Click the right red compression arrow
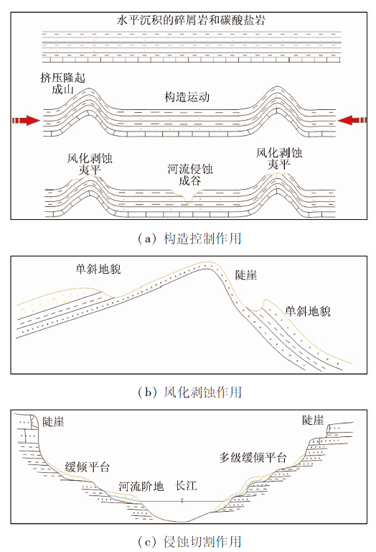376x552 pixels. point(352,120)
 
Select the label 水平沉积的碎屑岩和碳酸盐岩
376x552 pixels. point(191,20)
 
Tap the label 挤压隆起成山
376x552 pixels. point(63,83)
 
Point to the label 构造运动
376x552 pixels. point(187,97)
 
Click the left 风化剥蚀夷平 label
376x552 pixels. point(90,164)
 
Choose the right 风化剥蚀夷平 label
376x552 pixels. point(279,158)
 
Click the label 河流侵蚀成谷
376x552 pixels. point(190,175)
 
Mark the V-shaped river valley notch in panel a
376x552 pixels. point(188,198)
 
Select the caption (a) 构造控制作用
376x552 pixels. point(189,239)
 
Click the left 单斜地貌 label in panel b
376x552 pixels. point(98,270)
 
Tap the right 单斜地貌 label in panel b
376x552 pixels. point(308,311)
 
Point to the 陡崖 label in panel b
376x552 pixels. point(246,275)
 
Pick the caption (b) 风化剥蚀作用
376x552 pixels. point(189,392)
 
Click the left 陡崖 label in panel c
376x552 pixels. point(53,421)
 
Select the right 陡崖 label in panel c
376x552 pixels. point(313,420)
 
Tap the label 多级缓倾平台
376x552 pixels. point(253,458)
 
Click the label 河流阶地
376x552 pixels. point(141,487)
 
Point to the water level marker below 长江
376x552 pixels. point(182,500)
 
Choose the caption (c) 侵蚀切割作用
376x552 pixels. point(189,541)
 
